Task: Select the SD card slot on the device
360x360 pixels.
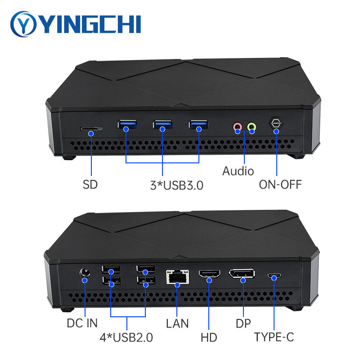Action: coord(91,129)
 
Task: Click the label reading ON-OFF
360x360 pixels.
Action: coord(280,184)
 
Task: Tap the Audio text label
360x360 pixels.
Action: coord(238,171)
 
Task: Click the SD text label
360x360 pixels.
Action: coord(90,184)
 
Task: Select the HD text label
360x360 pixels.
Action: coord(209,337)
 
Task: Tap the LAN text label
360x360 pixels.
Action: coord(177,323)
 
